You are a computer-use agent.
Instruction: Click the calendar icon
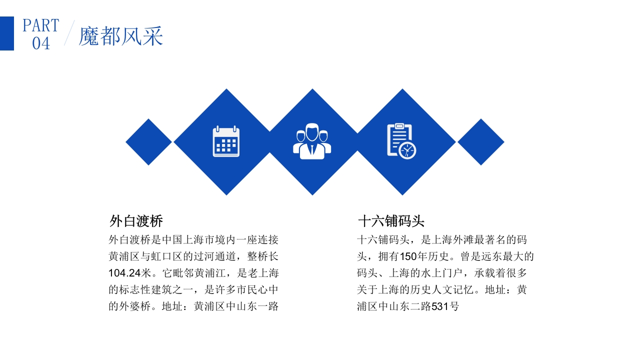click(226, 142)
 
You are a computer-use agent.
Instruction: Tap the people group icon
click(312, 141)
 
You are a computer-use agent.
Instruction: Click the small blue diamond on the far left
click(148, 142)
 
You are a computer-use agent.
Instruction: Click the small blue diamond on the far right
click(480, 142)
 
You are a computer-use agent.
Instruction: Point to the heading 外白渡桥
click(136, 221)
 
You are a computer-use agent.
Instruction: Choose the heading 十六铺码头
click(391, 221)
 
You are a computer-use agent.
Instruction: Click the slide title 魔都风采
click(121, 36)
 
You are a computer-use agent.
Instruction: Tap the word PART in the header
click(41, 25)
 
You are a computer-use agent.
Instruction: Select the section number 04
click(41, 43)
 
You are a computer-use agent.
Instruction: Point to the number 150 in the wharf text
click(408, 256)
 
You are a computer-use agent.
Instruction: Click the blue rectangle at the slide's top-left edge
click(6, 33)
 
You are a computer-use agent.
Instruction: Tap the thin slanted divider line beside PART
click(69, 33)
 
